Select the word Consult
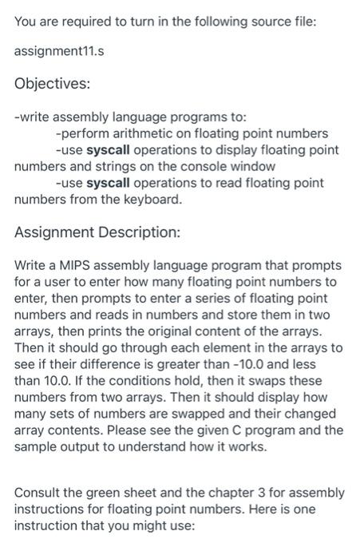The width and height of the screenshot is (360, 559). tap(38, 492)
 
